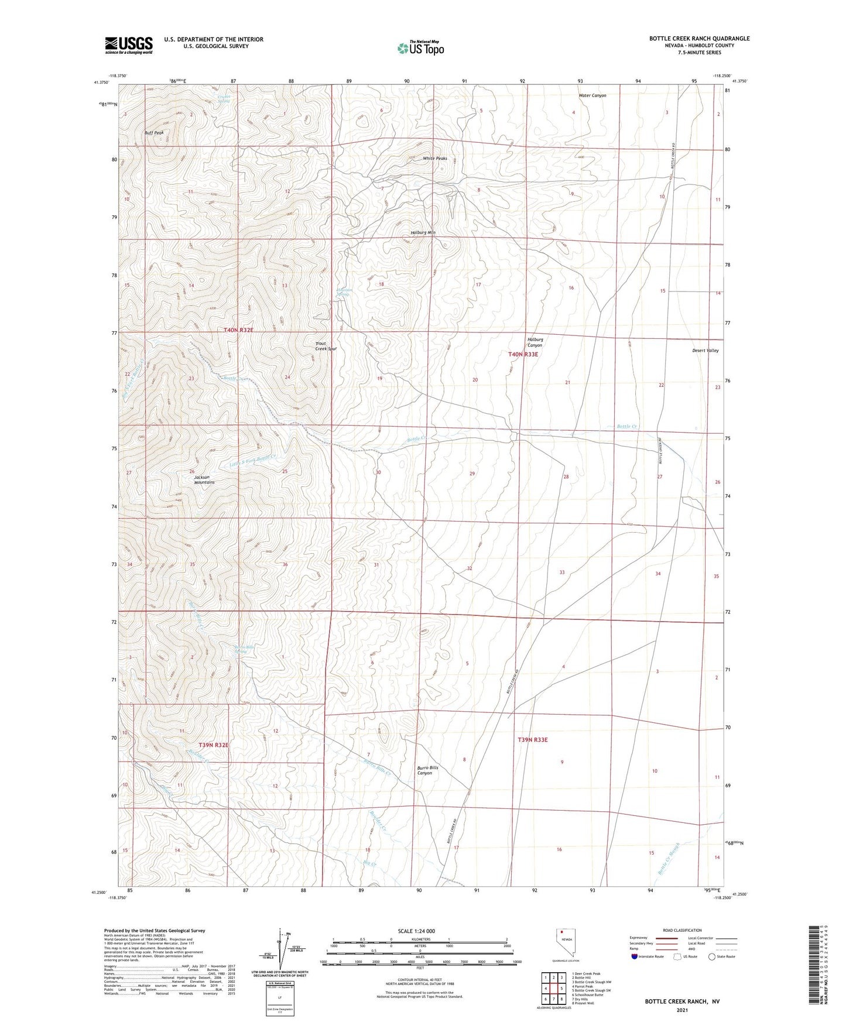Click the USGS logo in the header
[129, 45]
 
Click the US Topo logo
[420, 48]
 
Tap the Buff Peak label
[155, 133]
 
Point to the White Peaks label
[435, 159]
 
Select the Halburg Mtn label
[423, 232]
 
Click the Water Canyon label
[592, 95]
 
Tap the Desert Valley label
[705, 351]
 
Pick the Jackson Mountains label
[204, 479]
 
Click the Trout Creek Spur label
[326, 346]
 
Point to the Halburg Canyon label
[535, 342]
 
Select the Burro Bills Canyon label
[427, 770]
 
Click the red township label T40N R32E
[238, 330]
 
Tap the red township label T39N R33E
[532, 740]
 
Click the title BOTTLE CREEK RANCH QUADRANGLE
[699, 39]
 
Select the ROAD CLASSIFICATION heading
[682, 930]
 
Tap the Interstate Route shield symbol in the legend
[635, 956]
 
